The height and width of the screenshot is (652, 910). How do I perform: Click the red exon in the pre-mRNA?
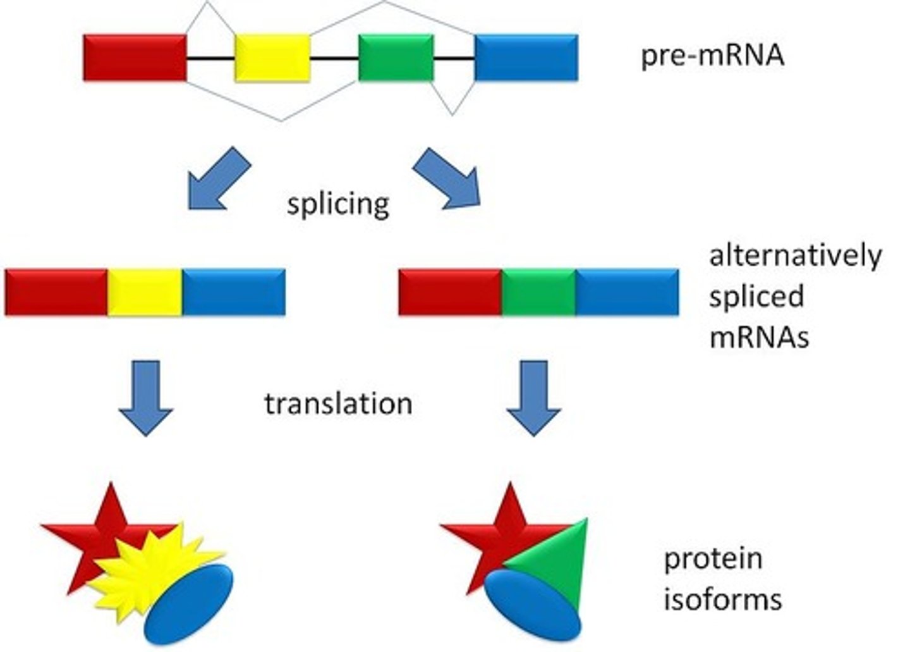135,58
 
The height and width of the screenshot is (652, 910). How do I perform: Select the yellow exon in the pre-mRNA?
272,58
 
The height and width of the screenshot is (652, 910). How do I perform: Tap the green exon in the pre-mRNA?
396,58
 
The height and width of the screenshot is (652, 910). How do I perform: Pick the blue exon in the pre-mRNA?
526,58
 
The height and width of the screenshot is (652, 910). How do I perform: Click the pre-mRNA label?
712,56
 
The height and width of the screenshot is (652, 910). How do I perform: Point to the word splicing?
338,204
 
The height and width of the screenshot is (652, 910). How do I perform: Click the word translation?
338,403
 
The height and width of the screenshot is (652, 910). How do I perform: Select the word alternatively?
795,256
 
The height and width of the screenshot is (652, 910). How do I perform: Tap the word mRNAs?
759,337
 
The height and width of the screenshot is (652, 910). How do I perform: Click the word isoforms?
722,598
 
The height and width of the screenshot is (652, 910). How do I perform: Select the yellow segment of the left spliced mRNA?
145,292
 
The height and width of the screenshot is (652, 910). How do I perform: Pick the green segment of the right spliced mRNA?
538,292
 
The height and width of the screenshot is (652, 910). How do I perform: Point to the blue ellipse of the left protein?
189,604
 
